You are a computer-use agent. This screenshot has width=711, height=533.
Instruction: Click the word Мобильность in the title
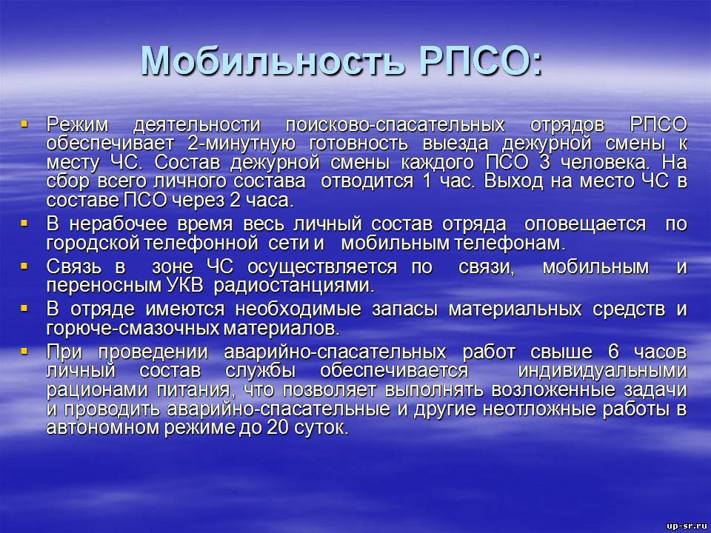(272, 60)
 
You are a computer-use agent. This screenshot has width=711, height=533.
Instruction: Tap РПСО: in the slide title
(480, 60)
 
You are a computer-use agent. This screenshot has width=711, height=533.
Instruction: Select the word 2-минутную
(241, 144)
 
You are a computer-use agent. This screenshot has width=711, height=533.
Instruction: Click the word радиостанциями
(294, 286)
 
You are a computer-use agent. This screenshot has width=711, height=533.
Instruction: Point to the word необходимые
(298, 309)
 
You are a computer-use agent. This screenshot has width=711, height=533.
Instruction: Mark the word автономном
(103, 428)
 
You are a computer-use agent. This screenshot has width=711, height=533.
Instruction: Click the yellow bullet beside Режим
(24, 122)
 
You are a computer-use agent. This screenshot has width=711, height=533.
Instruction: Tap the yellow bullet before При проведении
(24, 351)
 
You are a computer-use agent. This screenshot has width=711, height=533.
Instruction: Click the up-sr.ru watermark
(687, 526)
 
